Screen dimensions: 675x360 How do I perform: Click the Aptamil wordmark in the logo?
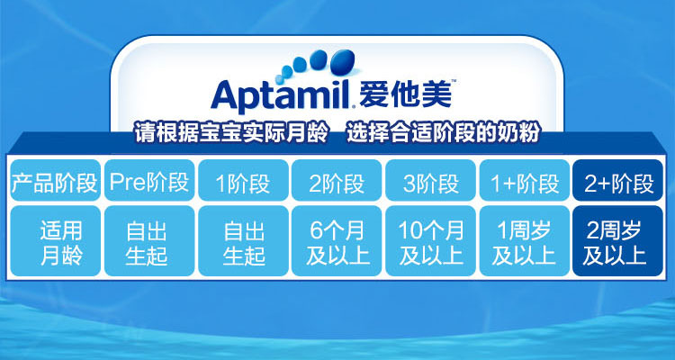[x=281, y=95]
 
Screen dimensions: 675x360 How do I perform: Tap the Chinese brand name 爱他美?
[x=405, y=94]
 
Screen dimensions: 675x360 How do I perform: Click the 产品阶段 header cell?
[x=55, y=180]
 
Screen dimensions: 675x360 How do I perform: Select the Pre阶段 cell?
[x=149, y=180]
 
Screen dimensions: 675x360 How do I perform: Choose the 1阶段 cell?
[x=243, y=180]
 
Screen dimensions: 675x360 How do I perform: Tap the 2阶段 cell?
[x=337, y=180]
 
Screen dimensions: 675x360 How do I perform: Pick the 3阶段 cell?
[x=430, y=180]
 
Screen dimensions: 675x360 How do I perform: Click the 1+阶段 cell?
[x=525, y=180]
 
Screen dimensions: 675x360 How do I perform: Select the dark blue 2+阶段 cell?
[x=617, y=180]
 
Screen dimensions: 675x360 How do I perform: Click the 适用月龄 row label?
[x=55, y=240]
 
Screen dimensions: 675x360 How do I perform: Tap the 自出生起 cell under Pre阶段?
[x=149, y=240]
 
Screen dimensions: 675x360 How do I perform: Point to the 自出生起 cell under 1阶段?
[x=243, y=240]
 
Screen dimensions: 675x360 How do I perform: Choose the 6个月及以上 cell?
[x=337, y=240]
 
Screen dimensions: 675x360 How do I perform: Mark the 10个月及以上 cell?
[x=430, y=240]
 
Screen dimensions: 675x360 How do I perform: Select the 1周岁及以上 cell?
[x=525, y=240]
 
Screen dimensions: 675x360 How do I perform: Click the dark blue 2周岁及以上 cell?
[x=617, y=240]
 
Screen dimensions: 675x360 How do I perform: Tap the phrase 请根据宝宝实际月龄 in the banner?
[x=231, y=132]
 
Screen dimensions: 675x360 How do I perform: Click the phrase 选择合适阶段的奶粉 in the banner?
[x=443, y=132]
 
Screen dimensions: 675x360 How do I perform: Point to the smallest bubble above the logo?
[x=279, y=79]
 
